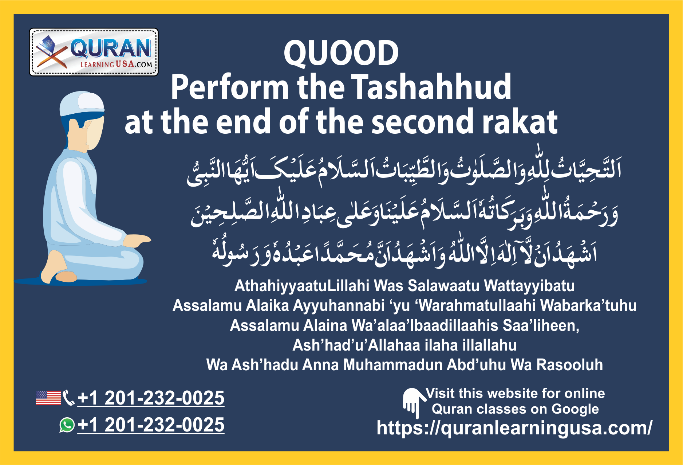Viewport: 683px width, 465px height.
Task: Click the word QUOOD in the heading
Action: click(341, 53)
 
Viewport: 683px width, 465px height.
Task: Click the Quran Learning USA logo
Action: click(94, 52)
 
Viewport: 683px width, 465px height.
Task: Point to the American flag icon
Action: click(48, 398)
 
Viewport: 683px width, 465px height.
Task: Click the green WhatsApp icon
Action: click(67, 425)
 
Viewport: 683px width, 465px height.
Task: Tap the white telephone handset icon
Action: click(68, 398)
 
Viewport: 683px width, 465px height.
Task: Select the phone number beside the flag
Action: click(151, 398)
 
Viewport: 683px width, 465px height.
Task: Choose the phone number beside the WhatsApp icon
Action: click(151, 425)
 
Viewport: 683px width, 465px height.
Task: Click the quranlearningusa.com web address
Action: click(514, 428)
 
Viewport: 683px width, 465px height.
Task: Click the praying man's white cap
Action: click(83, 103)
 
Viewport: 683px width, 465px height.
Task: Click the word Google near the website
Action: click(575, 409)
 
